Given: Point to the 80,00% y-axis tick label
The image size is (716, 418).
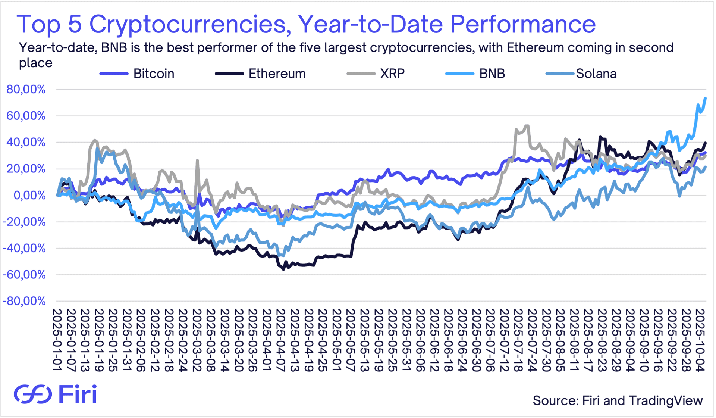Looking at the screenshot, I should pos(26,90).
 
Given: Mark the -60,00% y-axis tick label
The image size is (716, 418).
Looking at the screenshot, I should pos(24,275).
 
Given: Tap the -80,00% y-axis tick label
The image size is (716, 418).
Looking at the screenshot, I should pos(24,301).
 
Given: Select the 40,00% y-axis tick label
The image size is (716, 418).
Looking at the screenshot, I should pos(26,142).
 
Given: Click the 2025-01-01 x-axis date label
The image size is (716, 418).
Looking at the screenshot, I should pos(57,340).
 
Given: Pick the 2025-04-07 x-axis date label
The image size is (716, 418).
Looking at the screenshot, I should pos(280,340).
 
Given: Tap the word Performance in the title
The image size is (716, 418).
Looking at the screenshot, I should pos(523,24).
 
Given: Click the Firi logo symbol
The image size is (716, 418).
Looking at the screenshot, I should pos(33,394).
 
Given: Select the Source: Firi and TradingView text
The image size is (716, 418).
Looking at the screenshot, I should pos(618,400).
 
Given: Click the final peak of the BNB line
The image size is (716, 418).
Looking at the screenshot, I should pos(705,98).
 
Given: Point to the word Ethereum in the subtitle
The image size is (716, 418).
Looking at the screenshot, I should pos(535,48).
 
